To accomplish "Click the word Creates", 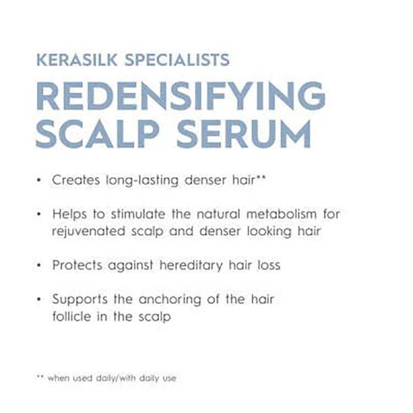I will tap(72, 180).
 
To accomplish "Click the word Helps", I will tap(68, 213).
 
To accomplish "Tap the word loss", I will tap(269, 265).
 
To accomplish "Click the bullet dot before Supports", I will tap(39, 300).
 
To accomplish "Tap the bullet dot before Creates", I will tap(39, 180).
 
